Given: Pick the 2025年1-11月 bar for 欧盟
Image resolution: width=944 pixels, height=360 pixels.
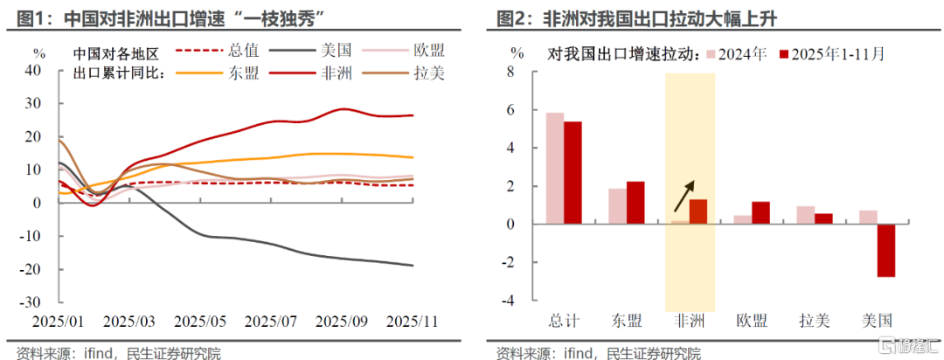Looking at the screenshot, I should (x=760, y=213).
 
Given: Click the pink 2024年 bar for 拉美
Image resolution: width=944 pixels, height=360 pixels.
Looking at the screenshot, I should (x=806, y=215).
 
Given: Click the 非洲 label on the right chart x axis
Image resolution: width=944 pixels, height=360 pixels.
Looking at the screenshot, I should (x=691, y=321).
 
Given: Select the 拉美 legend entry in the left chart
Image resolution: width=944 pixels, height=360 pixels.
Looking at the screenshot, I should (x=428, y=73).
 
